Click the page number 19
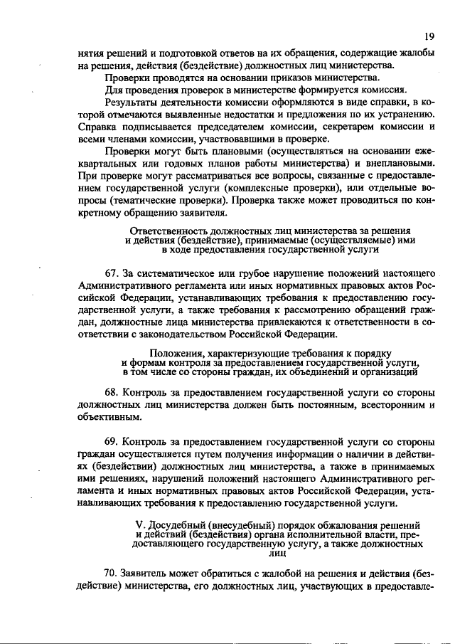(429, 36)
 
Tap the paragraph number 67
(111, 273)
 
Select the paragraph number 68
(111, 392)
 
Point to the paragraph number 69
(111, 441)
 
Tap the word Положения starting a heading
(178, 353)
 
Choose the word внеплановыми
(402, 164)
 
